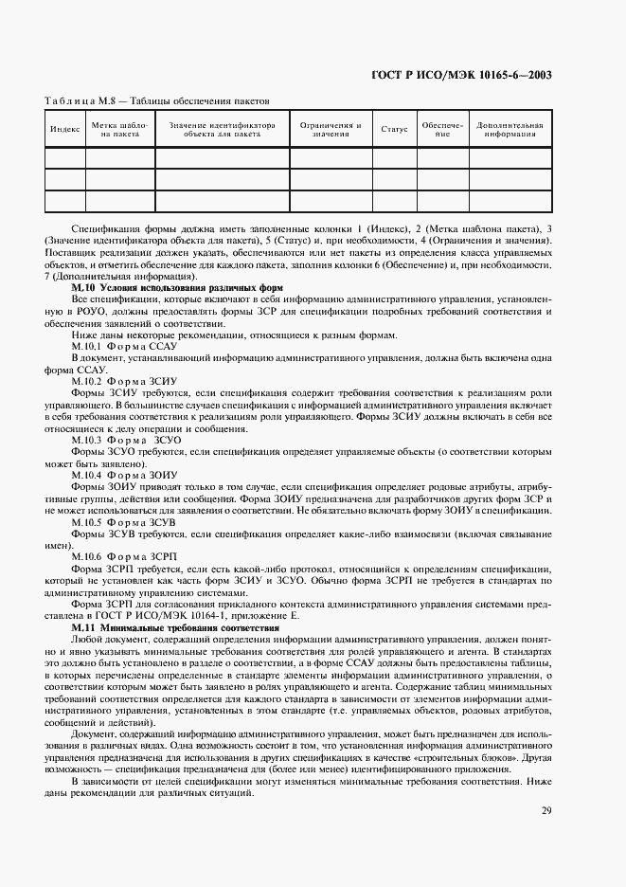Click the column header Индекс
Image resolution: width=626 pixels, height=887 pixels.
click(64, 129)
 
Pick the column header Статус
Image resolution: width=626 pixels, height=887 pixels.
click(394, 129)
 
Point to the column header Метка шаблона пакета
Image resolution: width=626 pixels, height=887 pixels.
click(120, 130)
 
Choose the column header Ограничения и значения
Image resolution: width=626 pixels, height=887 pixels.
click(331, 130)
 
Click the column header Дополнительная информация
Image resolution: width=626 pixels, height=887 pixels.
click(510, 130)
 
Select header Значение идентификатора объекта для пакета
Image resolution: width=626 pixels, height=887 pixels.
click(222, 130)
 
